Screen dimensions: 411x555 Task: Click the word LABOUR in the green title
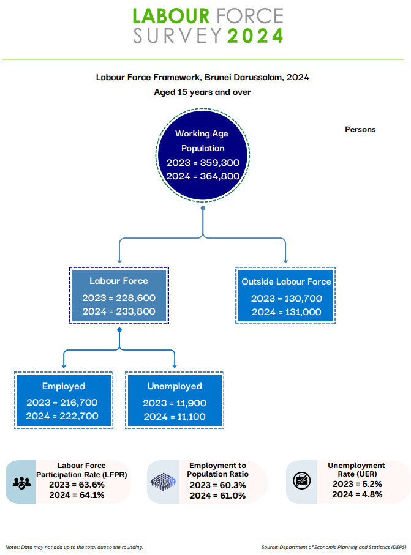tap(171, 17)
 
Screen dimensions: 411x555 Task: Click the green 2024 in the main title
tap(255, 35)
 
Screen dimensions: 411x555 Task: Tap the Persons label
tap(360, 130)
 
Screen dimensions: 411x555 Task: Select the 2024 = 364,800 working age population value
tap(203, 176)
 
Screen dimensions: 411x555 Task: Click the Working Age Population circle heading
tap(202, 141)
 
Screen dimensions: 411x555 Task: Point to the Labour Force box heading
tap(119, 281)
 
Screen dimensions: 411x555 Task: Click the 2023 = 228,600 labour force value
tap(119, 298)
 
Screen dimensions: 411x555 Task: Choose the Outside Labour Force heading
tap(286, 281)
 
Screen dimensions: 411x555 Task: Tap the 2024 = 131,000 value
tap(286, 312)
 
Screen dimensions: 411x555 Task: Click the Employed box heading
tap(64, 386)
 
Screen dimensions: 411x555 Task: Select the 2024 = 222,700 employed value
tap(62, 416)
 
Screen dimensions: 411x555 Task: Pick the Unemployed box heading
tap(175, 386)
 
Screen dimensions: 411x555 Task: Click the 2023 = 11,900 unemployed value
tap(175, 403)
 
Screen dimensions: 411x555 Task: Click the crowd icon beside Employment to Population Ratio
tap(164, 482)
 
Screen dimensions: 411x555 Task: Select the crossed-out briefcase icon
tap(302, 481)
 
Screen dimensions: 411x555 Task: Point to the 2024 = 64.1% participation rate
tap(77, 495)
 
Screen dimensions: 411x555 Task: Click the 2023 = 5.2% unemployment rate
tap(357, 484)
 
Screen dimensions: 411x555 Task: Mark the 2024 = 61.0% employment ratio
tap(217, 496)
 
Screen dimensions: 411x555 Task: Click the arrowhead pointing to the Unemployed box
tap(175, 366)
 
